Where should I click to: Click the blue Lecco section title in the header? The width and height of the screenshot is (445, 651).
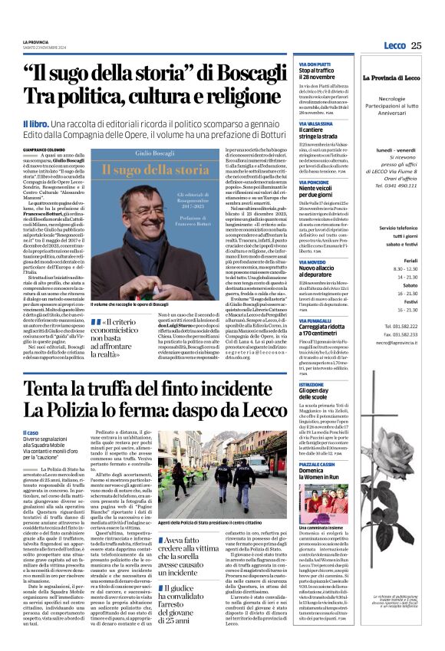tap(394, 45)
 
